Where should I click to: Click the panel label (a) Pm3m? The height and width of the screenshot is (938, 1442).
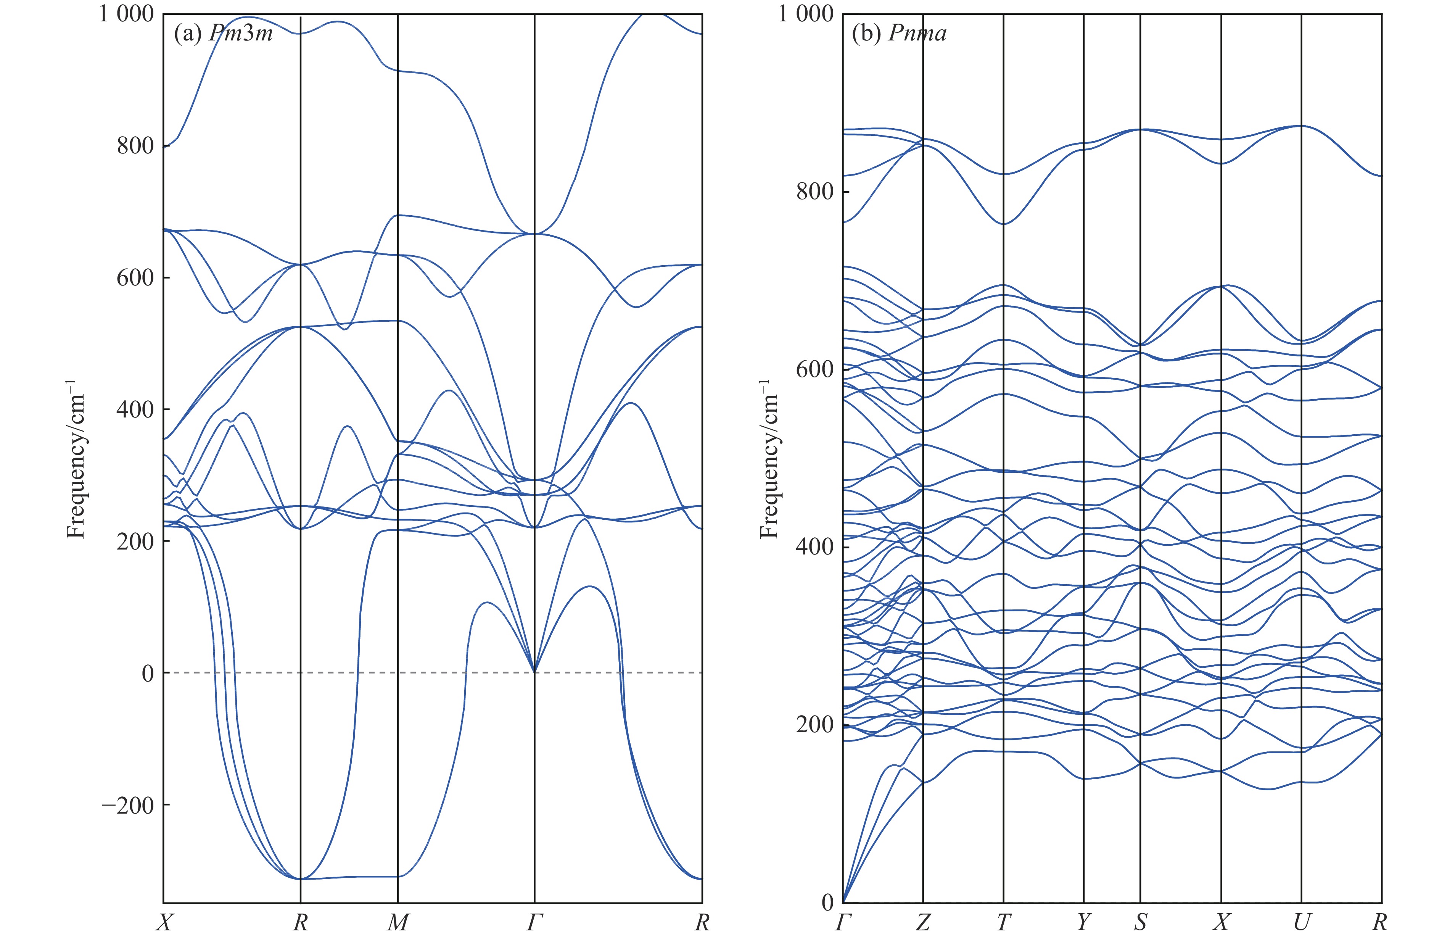[x=223, y=33]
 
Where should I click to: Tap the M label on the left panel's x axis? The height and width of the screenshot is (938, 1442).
[x=398, y=922]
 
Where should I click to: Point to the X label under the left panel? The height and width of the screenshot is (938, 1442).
[x=164, y=922]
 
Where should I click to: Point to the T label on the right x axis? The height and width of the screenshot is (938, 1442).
[x=1003, y=922]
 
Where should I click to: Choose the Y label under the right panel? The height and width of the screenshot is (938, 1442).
[x=1083, y=922]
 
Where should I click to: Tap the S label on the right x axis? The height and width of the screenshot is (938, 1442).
[x=1140, y=922]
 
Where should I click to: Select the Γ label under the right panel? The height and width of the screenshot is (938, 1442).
[x=843, y=922]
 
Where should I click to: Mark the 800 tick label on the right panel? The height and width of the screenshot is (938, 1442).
[x=815, y=192]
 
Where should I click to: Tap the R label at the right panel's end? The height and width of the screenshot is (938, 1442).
[x=1379, y=922]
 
